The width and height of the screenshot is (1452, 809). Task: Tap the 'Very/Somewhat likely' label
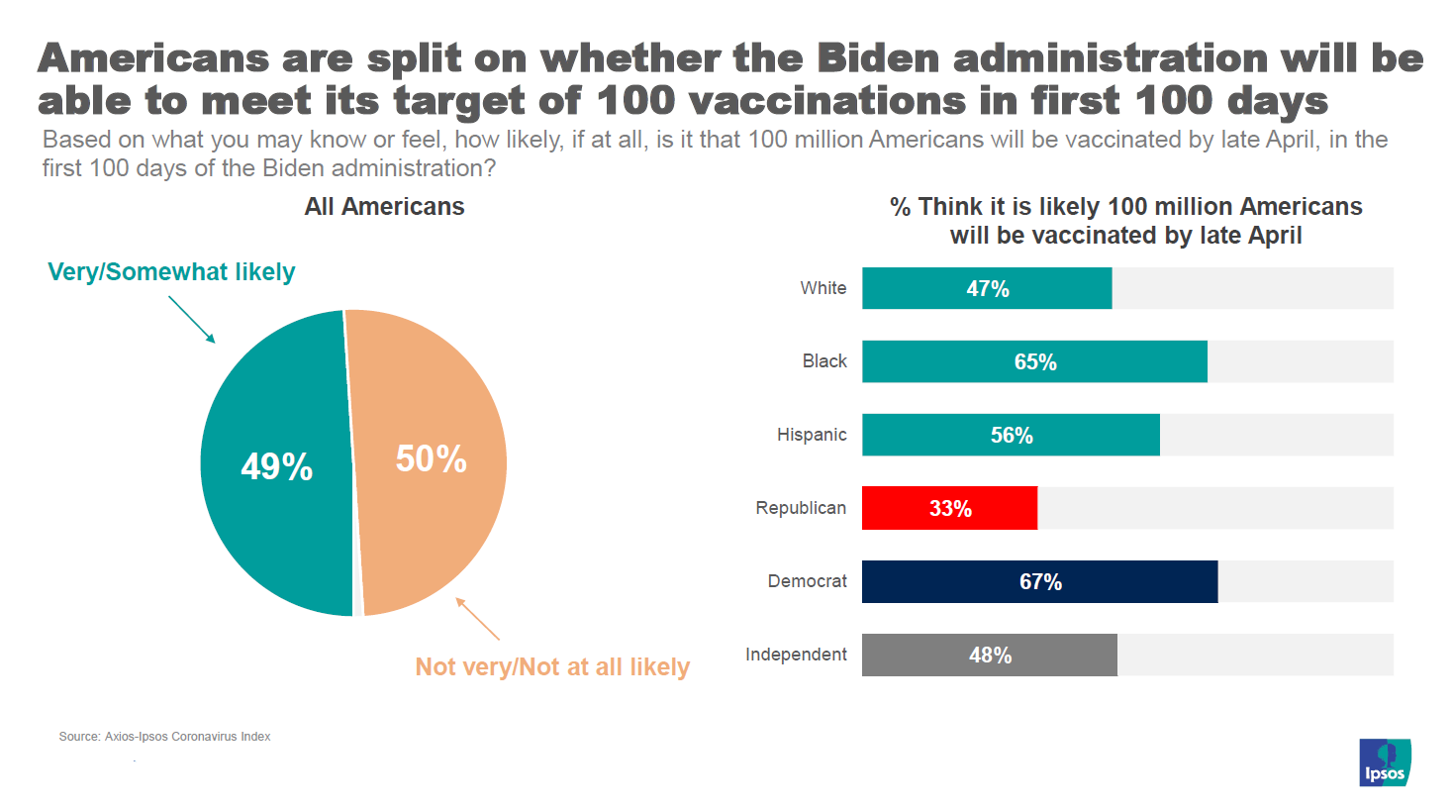click(x=171, y=272)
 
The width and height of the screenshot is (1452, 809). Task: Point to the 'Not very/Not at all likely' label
click(x=552, y=667)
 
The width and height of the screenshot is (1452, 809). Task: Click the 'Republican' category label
click(x=801, y=508)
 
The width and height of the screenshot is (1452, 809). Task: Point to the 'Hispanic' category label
click(x=812, y=435)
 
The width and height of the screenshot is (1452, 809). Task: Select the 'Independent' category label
click(x=796, y=655)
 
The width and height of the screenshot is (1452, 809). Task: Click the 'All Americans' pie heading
click(x=384, y=207)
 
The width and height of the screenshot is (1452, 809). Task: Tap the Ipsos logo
click(x=1385, y=762)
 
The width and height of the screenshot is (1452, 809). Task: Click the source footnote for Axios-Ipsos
click(x=164, y=737)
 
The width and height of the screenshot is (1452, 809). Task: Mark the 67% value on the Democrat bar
click(x=1040, y=582)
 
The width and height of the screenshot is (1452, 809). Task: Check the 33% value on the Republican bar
click(x=950, y=509)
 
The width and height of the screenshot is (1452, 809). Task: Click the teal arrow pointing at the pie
click(x=191, y=319)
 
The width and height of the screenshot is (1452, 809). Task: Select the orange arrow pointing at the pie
click(x=478, y=619)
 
